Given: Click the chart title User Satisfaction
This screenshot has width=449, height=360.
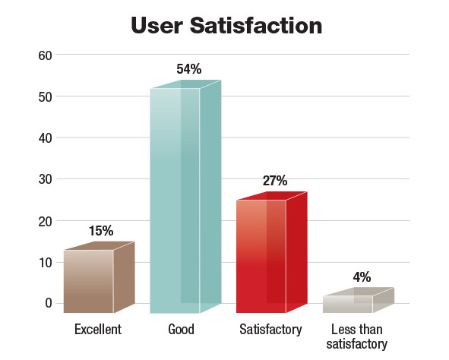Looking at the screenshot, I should (226, 25).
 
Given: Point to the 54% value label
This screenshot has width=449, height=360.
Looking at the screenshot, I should (188, 70).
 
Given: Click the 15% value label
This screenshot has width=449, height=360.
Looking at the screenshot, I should (102, 230).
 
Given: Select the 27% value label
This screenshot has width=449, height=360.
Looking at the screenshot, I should (274, 181).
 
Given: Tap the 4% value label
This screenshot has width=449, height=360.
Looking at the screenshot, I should (362, 277).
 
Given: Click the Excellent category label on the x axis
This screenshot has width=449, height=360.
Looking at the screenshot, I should (98, 330).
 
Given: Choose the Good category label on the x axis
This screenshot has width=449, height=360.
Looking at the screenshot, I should (181, 330).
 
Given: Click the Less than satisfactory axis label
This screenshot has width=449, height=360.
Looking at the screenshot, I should (356, 337).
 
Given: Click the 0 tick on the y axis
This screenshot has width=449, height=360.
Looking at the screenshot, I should (48, 304).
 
